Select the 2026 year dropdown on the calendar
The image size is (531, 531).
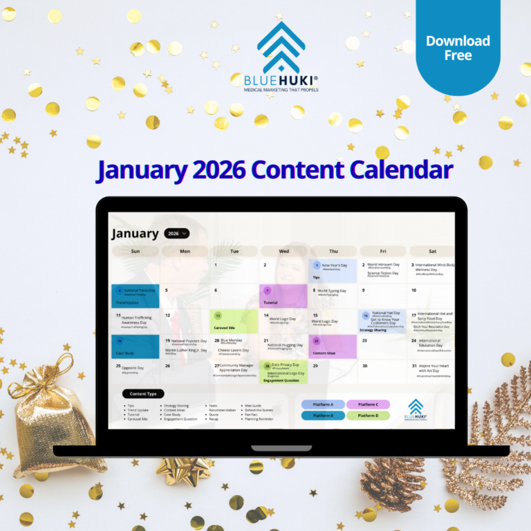coord(177,234)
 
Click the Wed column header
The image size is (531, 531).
coord(283,251)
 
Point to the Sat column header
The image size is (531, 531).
coord(432,251)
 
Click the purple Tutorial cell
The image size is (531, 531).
coord(283,296)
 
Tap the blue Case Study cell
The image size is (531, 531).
coord(135,346)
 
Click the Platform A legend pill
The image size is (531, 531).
coord(323,404)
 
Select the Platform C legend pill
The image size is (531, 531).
coord(368,404)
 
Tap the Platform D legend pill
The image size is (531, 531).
coord(368,416)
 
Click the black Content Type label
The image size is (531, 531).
coord(143,394)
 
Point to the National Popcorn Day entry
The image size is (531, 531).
coord(187,341)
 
